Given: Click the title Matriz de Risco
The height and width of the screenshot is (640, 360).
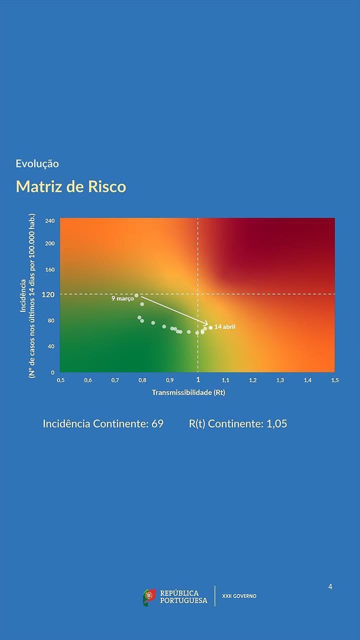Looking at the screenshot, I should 71,186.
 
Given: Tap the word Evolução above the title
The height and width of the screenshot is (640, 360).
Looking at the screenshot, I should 37,163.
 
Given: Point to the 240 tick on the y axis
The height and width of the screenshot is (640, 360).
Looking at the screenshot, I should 49,220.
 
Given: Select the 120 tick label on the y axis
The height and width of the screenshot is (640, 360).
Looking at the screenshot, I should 48,294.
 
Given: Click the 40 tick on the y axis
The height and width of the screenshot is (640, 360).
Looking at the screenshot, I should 50,346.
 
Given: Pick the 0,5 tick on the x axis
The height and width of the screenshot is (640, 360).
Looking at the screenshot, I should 60,380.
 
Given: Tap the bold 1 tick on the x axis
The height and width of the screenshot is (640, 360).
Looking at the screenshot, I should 198,380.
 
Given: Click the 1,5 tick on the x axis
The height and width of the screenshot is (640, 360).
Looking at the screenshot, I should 334,380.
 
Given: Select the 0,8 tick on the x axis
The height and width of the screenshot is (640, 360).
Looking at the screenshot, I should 142,380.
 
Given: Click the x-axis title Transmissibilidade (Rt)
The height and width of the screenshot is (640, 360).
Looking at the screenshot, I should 188,392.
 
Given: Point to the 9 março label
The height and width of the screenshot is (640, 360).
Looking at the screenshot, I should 122,298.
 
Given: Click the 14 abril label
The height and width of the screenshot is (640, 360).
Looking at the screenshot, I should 224,327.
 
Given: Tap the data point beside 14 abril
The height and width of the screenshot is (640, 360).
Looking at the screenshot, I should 210,327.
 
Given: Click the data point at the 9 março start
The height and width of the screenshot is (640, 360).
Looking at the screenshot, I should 136,295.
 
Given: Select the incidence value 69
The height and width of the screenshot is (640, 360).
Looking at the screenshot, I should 157,423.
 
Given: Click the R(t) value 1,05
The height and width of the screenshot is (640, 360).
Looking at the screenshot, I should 276,423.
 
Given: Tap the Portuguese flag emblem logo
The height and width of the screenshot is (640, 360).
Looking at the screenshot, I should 149,597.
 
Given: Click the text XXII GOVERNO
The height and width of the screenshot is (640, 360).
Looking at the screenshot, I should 239,596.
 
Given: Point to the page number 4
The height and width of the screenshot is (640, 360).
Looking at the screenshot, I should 330,586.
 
